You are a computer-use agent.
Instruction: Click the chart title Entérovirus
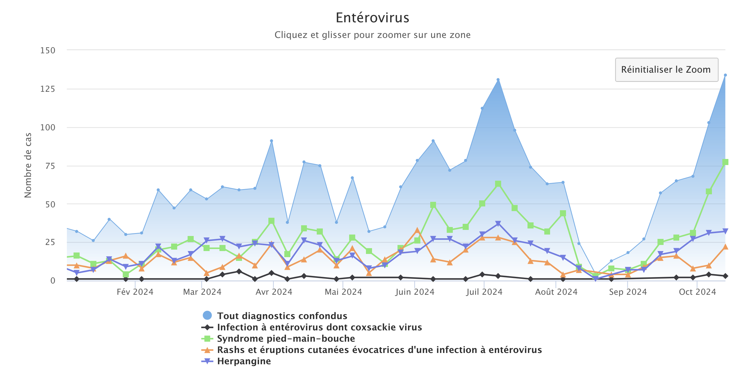[x=372, y=18]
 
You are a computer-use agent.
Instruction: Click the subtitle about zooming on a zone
[x=372, y=35]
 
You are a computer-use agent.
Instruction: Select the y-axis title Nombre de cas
[x=28, y=165]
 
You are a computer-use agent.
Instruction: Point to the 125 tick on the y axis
[x=47, y=89]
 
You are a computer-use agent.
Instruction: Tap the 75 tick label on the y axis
[x=50, y=166]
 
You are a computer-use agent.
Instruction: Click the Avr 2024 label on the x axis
[x=274, y=292]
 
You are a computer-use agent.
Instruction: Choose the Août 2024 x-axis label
[x=556, y=292]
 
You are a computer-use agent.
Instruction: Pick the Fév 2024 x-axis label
[x=135, y=292]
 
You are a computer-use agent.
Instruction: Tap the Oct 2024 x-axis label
[x=697, y=292]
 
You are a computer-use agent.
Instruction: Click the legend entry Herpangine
[x=244, y=361]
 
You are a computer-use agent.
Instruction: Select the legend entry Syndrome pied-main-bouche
[x=286, y=338]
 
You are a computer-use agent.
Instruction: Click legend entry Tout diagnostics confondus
[x=282, y=316]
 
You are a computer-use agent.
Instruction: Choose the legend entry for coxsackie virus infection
[x=319, y=327]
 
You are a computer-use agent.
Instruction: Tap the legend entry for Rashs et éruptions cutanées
[x=379, y=350]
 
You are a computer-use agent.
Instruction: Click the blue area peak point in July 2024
[x=498, y=80]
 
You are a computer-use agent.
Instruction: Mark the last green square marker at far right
[x=725, y=162]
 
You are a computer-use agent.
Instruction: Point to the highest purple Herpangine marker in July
[x=498, y=224]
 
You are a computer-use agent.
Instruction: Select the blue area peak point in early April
[x=271, y=141]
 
